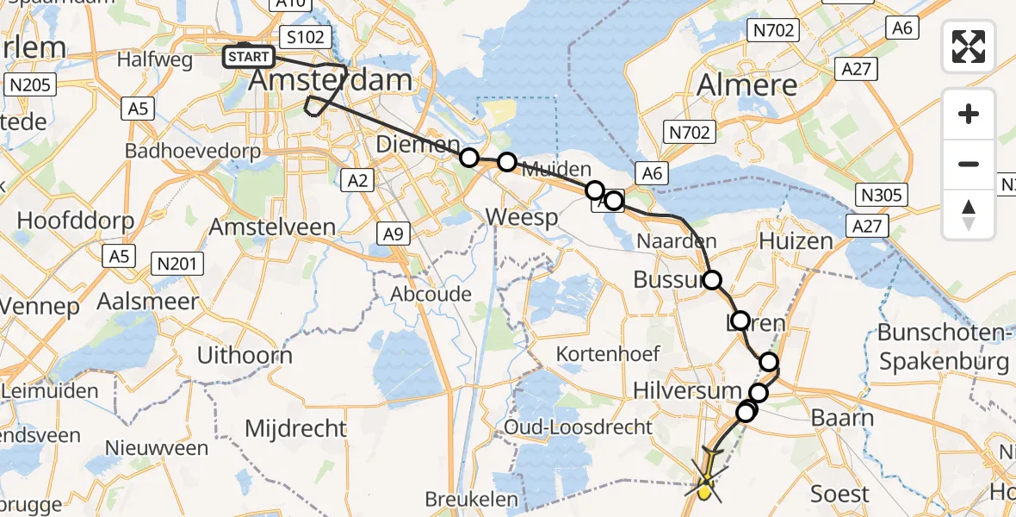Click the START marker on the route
(x=249, y=58)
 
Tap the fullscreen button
(x=969, y=47)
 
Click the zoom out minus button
(x=969, y=164)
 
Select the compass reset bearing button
(x=969, y=214)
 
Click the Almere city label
(x=747, y=84)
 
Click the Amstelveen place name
(x=275, y=227)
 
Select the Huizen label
(x=796, y=240)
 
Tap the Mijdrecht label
(x=295, y=428)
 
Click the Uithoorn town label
(x=245, y=355)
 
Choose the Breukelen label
(x=472, y=499)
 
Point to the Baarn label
(x=843, y=419)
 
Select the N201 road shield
(x=177, y=264)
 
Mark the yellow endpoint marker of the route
(x=704, y=492)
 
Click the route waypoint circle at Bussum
(x=712, y=279)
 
